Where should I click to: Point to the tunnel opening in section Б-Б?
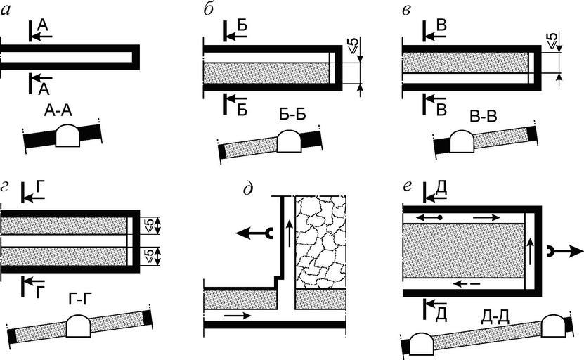point(288,143)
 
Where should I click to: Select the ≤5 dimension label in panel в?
point(553,41)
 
